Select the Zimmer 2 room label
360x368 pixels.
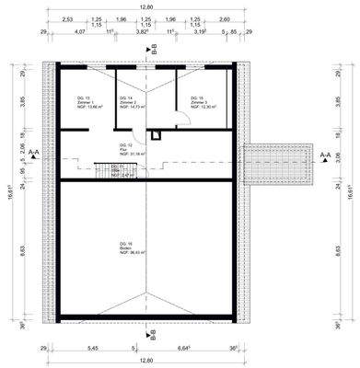point(132,102)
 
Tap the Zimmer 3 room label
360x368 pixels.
point(202,102)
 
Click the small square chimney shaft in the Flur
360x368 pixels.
point(157,134)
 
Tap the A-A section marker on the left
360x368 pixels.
point(33,155)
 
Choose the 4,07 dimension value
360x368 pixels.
point(79,30)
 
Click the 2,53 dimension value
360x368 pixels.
point(67,18)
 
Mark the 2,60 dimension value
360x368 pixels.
point(226,18)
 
